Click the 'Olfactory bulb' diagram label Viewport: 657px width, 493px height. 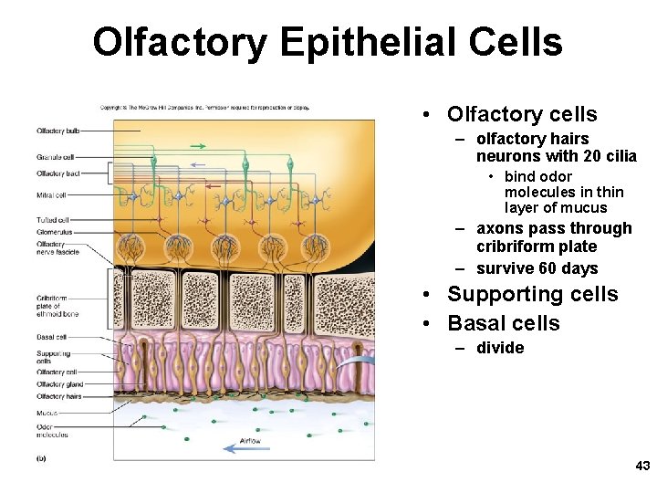pos(57,131)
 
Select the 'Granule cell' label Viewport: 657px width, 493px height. pos(55,157)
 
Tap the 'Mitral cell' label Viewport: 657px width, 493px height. pos(51,195)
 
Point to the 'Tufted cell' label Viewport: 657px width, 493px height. pos(53,220)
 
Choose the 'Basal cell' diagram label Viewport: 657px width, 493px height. pos(51,338)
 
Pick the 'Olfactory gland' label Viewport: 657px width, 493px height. pos(58,384)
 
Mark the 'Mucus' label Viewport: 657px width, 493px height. pos(47,413)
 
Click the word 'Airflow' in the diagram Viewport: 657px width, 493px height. pos(250,441)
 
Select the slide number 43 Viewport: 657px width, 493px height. pos(642,466)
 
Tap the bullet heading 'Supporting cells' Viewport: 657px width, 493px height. pos(532,294)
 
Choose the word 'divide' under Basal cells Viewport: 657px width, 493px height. pos(500,348)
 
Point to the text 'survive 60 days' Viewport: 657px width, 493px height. pos(537,268)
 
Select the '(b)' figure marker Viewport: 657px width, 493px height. pos(41,458)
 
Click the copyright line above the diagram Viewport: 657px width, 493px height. pos(205,108)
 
